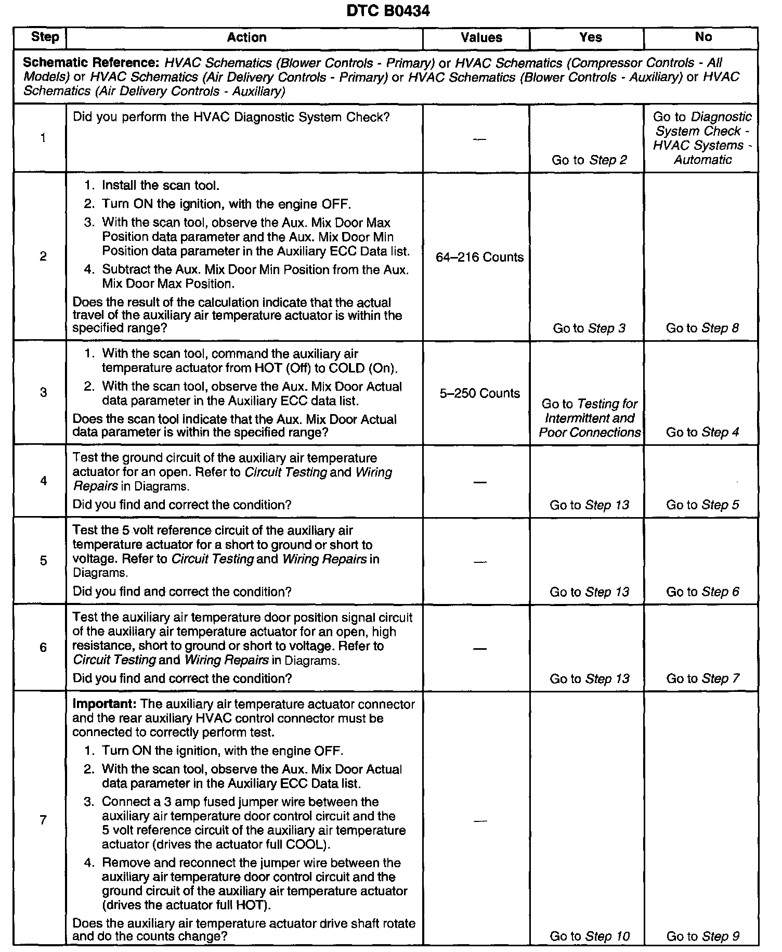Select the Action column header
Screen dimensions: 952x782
(246, 37)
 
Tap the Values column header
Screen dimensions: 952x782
(481, 37)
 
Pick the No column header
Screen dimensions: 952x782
(703, 37)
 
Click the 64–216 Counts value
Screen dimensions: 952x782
(479, 257)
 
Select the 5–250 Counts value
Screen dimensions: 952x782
(479, 393)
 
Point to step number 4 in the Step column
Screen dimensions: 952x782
(43, 481)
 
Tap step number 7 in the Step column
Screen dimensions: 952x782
(43, 820)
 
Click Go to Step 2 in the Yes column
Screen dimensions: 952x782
(589, 160)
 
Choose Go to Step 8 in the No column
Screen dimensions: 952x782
(702, 328)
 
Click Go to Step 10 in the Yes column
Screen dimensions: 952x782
(589, 936)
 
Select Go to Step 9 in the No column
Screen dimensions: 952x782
(702, 936)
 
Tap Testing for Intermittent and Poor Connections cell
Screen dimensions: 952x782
(590, 418)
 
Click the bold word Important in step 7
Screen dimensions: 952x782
(104, 704)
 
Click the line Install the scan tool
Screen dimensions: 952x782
(161, 185)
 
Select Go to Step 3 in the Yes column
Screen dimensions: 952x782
(589, 328)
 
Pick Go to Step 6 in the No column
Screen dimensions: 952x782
(702, 591)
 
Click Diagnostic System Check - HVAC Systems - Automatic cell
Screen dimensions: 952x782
(702, 138)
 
